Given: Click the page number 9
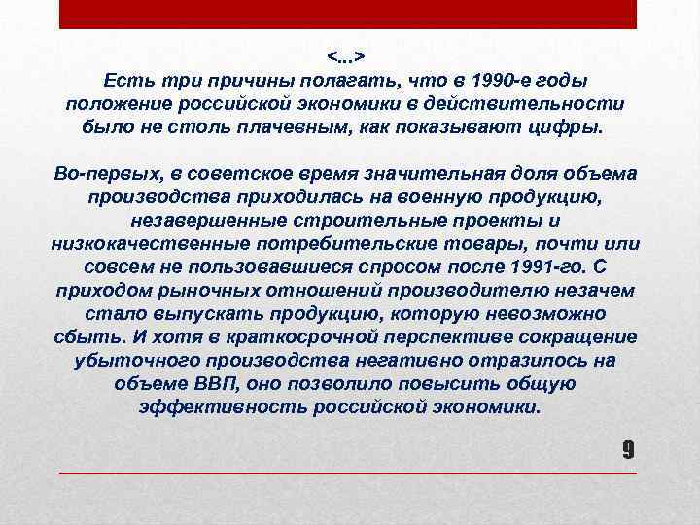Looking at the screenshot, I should point(628,449).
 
